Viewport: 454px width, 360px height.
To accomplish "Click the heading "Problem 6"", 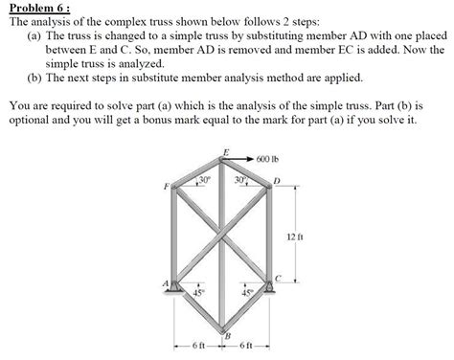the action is click(34, 7).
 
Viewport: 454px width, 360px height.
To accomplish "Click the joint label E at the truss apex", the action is click(225, 151).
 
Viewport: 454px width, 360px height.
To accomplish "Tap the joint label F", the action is click(167, 185).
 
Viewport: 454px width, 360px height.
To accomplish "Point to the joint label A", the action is click(165, 283).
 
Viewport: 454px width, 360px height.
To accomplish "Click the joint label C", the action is click(278, 278).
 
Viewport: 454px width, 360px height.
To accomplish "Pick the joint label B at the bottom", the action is click(227, 333).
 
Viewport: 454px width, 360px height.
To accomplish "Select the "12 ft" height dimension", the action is click(293, 235).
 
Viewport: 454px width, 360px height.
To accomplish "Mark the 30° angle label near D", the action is click(240, 178).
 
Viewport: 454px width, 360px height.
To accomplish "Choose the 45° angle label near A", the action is click(198, 294).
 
